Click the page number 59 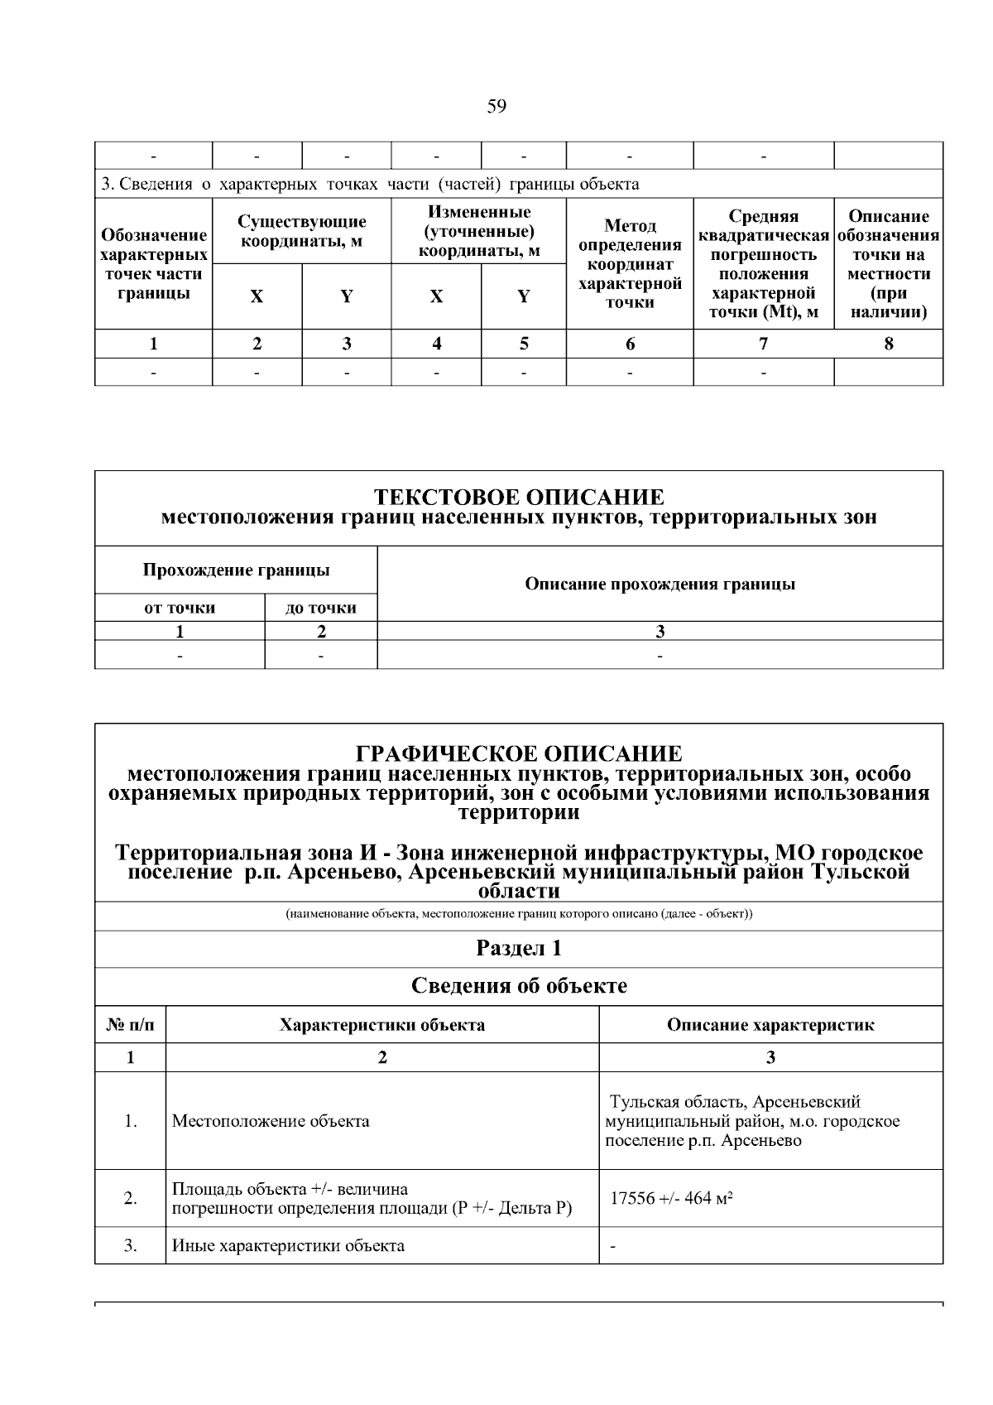pyautogui.click(x=496, y=106)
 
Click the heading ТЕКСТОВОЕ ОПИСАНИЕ pyautogui.click(x=519, y=497)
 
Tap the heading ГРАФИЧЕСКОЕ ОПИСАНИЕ pyautogui.click(x=519, y=753)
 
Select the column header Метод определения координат pyautogui.click(x=629, y=263)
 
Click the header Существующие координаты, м pyautogui.click(x=301, y=231)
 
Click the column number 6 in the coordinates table pyautogui.click(x=630, y=344)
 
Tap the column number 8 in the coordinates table pyautogui.click(x=888, y=344)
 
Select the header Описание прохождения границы pyautogui.click(x=660, y=584)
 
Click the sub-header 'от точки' pyautogui.click(x=180, y=608)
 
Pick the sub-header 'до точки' pyautogui.click(x=321, y=608)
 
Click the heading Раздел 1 pyautogui.click(x=519, y=948)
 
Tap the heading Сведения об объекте pyautogui.click(x=519, y=986)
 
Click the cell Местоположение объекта pyautogui.click(x=271, y=1121)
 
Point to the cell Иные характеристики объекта pyautogui.click(x=288, y=1245)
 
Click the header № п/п pyautogui.click(x=130, y=1025)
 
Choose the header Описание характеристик pyautogui.click(x=770, y=1025)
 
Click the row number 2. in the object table pyautogui.click(x=130, y=1198)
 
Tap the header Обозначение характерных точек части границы pyautogui.click(x=153, y=263)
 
